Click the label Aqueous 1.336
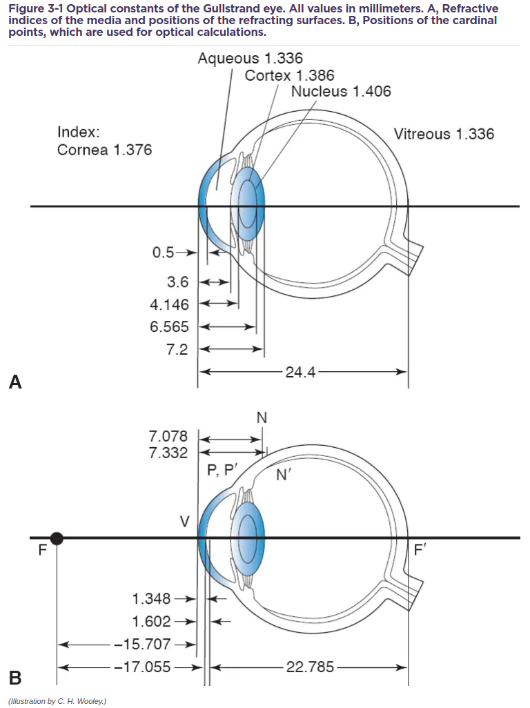coord(250,59)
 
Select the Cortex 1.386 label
coord(289,75)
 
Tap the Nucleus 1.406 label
coord(341,91)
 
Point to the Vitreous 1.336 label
coord(444,134)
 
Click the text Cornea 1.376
coord(104,150)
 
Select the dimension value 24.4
coord(300,373)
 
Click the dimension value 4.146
coord(169,304)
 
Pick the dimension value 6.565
coord(169,327)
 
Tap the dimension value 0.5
coord(164,253)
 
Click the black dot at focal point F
coord(57,538)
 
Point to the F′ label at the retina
coord(420,550)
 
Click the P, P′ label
coord(222,471)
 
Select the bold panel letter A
coord(16,382)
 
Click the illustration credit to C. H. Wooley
coord(58,700)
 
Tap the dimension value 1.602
coord(152,621)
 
